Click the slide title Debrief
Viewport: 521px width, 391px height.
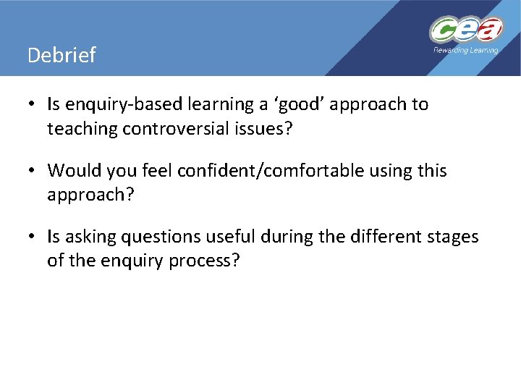click(x=61, y=56)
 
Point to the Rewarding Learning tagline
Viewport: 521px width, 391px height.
click(x=465, y=50)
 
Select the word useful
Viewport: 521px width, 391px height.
click(x=231, y=237)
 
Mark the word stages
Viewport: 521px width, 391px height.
click(x=452, y=237)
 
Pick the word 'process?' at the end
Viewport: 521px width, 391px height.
click(x=206, y=261)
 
